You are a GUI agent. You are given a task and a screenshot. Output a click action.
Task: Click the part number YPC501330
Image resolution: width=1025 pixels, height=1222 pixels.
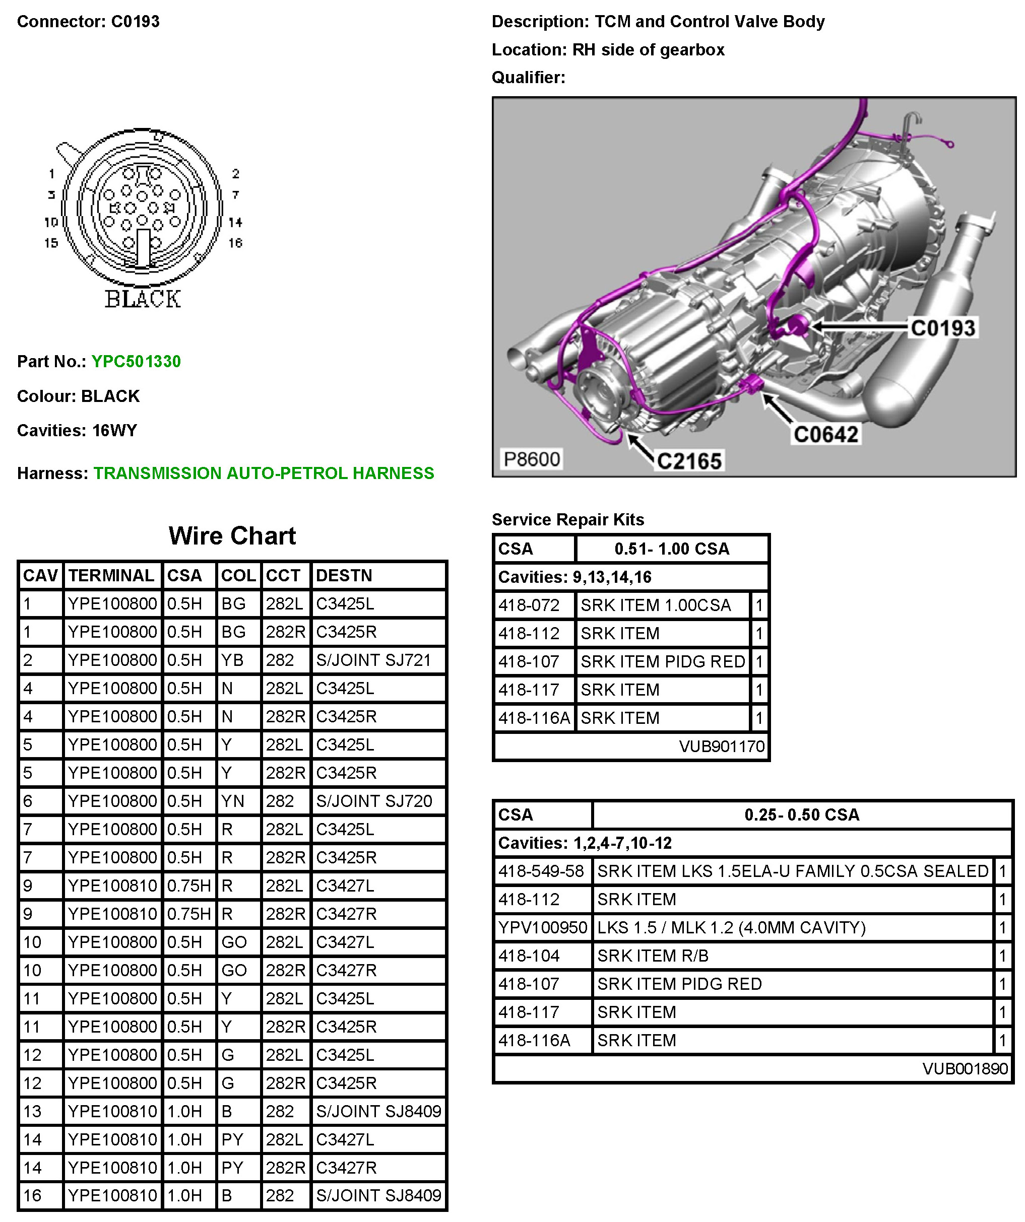click(x=136, y=361)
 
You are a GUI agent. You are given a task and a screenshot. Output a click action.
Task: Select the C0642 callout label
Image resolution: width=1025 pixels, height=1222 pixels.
click(x=825, y=434)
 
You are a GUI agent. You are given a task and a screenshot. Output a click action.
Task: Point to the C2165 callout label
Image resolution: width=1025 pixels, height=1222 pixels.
click(x=689, y=461)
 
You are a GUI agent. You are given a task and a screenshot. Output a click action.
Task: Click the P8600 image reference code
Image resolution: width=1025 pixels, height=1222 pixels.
click(x=532, y=459)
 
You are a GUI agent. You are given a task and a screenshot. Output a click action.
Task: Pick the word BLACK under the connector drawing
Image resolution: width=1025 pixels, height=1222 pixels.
click(x=143, y=299)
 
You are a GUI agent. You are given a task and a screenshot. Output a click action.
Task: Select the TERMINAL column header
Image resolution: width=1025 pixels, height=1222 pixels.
click(x=111, y=576)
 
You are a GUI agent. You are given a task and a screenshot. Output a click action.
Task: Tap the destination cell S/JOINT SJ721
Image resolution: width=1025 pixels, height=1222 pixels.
click(x=373, y=660)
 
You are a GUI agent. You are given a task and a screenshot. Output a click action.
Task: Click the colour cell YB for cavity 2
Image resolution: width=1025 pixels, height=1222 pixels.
click(x=233, y=660)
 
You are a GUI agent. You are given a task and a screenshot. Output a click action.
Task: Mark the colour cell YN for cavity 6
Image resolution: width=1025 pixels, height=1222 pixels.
click(x=233, y=801)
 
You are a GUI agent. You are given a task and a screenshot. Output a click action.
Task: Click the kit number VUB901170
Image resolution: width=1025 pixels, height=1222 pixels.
click(x=721, y=746)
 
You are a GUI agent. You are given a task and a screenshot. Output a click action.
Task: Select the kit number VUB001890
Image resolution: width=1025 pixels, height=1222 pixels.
click(x=965, y=1068)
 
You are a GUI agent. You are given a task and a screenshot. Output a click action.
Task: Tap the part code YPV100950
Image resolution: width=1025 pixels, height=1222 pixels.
click(x=542, y=927)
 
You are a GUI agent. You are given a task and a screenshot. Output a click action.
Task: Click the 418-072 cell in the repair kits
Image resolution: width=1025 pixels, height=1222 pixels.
click(x=529, y=605)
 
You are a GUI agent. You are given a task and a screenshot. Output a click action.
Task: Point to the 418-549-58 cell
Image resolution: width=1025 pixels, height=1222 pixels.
click(x=541, y=871)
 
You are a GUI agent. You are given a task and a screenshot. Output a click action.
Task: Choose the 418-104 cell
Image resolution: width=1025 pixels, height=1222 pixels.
click(x=529, y=956)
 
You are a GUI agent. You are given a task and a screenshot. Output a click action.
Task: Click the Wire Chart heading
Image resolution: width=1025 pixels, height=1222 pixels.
click(x=232, y=535)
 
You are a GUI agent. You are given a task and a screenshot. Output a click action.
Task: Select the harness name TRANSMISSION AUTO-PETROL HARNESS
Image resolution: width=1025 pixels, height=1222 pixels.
click(x=264, y=473)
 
